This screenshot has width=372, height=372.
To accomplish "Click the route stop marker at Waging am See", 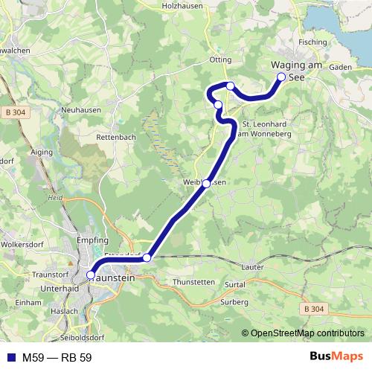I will (281, 77).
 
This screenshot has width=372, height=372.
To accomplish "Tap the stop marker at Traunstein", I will (91, 275).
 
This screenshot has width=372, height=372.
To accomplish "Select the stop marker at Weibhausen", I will (206, 183).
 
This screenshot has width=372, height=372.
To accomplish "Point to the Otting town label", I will (222, 59).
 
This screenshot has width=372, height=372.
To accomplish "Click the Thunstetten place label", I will (193, 283).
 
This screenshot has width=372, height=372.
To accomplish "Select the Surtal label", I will (236, 284).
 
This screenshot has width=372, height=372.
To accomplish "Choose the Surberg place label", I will (234, 302).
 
